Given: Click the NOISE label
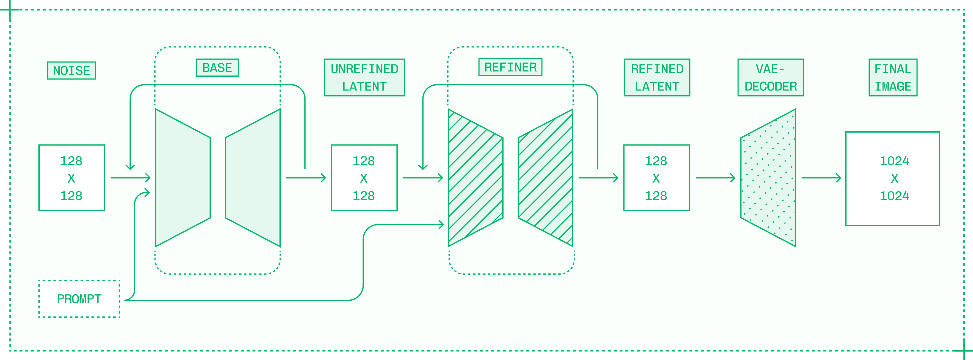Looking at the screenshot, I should pyautogui.click(x=71, y=71).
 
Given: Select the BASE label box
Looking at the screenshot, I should pyautogui.click(x=217, y=68).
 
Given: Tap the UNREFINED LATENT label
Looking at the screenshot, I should pyautogui.click(x=364, y=77).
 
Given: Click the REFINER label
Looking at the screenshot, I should pyautogui.click(x=510, y=67).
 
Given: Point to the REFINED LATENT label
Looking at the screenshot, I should pyautogui.click(x=657, y=77).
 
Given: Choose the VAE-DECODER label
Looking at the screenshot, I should pyautogui.click(x=771, y=77).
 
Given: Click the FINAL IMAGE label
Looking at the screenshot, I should pyautogui.click(x=893, y=77).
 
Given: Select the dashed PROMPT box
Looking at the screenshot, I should pyautogui.click(x=79, y=299).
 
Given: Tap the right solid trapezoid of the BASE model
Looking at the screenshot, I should pyautogui.click(x=253, y=178).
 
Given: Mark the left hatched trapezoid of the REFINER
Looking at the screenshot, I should pyautogui.click(x=475, y=178).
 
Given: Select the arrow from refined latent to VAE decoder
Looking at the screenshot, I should pyautogui.click(x=715, y=178).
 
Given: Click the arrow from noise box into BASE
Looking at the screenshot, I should pyautogui.click(x=130, y=178).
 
